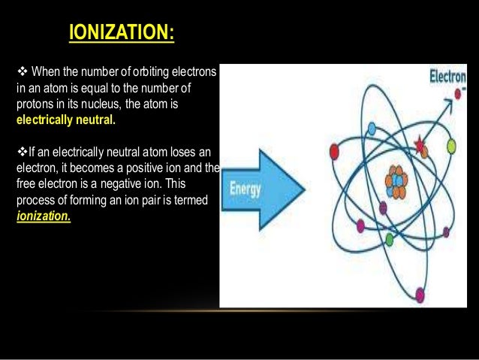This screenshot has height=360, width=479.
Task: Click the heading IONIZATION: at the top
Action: coord(121,34)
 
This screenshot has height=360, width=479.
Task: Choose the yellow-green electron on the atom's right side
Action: coord(451,144)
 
